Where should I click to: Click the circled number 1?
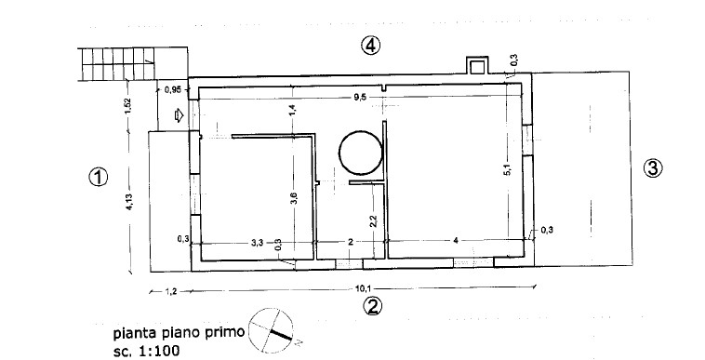coord(98,177)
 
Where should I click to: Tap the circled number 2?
coord(372,307)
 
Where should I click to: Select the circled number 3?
coord(653,168)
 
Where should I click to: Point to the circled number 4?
coord(371,46)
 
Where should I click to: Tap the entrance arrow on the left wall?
coord(179,115)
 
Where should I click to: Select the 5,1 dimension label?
coord(508,170)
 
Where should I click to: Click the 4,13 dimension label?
coord(129,202)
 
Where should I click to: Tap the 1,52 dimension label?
coord(127,106)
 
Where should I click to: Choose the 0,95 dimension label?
coord(173,90)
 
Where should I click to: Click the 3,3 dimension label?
coord(257,243)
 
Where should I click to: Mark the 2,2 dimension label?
coord(373,221)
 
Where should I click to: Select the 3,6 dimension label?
coord(293,198)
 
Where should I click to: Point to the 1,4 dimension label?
coord(292,110)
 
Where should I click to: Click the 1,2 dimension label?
coord(171,292)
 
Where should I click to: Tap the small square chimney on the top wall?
coord(476,66)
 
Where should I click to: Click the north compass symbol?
coord(272,331)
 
